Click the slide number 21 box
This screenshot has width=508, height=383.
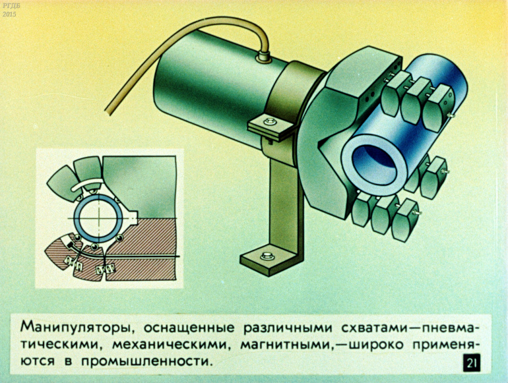click(472, 363)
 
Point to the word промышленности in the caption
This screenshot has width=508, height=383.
click(145, 361)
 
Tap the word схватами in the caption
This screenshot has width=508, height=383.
click(375, 328)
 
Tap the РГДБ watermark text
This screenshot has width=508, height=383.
click(9, 6)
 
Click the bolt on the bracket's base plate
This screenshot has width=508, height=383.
click(267, 255)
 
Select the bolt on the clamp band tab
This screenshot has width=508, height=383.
click(270, 123)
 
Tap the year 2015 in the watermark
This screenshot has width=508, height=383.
click(9, 15)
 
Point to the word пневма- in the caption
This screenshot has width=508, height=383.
click(447, 328)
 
